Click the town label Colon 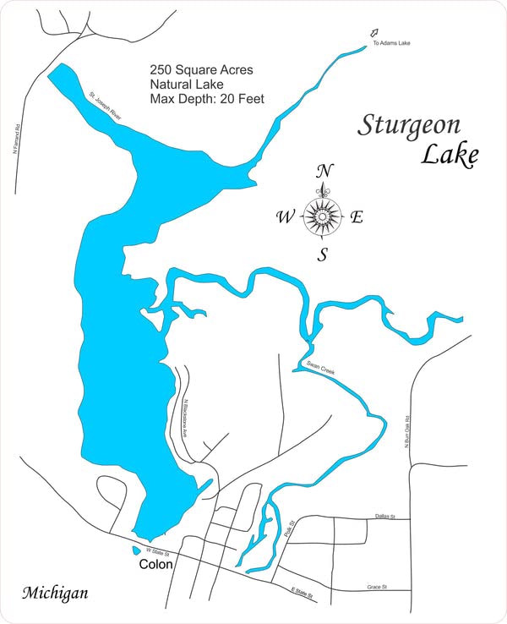pos(155,565)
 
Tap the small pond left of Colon pos(136,550)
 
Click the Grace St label pos(377,586)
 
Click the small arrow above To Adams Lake pos(374,33)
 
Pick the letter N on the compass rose pos(323,172)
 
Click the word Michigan pos(55,593)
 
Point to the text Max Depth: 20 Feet pos(207,99)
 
